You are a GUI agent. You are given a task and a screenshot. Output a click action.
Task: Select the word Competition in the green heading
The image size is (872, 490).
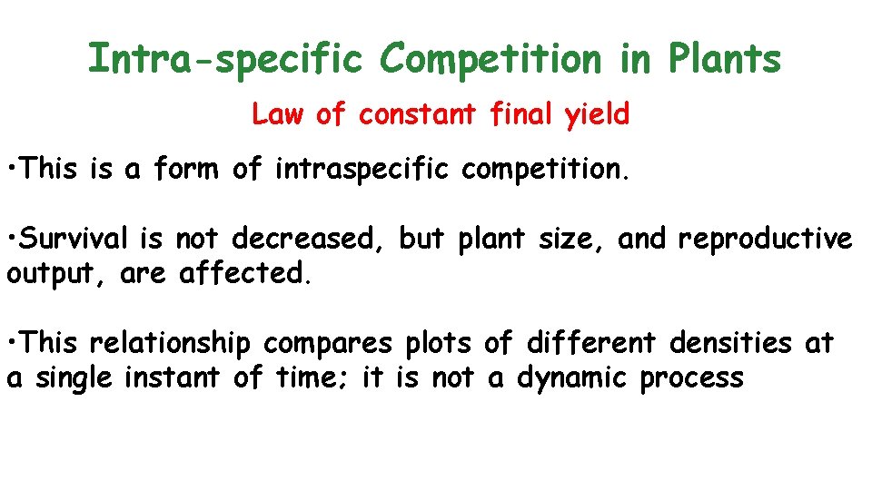point(490,60)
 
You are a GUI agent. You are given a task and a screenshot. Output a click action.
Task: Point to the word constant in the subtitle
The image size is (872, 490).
point(417,115)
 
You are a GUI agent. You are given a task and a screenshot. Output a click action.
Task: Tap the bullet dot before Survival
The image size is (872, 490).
point(12,240)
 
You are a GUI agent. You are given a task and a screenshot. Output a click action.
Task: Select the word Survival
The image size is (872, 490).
point(74,239)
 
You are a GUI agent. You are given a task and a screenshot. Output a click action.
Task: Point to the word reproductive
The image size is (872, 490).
point(765,239)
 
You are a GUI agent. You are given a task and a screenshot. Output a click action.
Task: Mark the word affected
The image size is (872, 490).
point(245,273)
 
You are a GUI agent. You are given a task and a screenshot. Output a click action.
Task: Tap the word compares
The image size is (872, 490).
point(329,344)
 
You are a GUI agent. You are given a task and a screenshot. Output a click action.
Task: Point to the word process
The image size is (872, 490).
point(691,378)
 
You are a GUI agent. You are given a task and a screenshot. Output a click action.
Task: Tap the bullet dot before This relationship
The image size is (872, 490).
point(12,345)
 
